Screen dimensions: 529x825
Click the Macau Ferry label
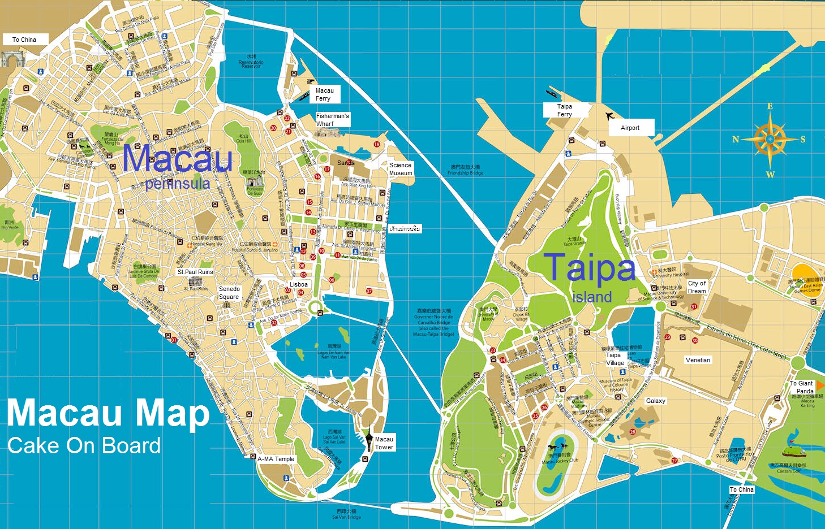(324, 94)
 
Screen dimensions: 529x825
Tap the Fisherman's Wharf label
(332, 119)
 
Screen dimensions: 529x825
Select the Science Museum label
(401, 169)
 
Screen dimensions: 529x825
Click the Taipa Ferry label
(565, 110)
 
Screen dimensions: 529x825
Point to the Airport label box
(630, 128)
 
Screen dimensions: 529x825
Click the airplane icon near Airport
(609, 116)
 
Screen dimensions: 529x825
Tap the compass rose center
(770, 139)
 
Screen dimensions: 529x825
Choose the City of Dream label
(697, 287)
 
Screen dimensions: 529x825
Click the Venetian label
(698, 360)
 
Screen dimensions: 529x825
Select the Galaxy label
(656, 401)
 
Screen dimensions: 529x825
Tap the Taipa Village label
(615, 359)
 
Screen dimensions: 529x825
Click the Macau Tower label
(384, 443)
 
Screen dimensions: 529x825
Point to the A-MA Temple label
(276, 459)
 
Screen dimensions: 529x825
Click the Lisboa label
(299, 284)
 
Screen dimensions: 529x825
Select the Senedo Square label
(229, 293)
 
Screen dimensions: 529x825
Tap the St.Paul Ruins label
(195, 272)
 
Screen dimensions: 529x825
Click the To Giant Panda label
(802, 387)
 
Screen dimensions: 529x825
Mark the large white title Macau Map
(108, 413)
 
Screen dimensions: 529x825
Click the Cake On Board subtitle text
(84, 445)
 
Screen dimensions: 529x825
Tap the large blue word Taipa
(589, 268)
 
